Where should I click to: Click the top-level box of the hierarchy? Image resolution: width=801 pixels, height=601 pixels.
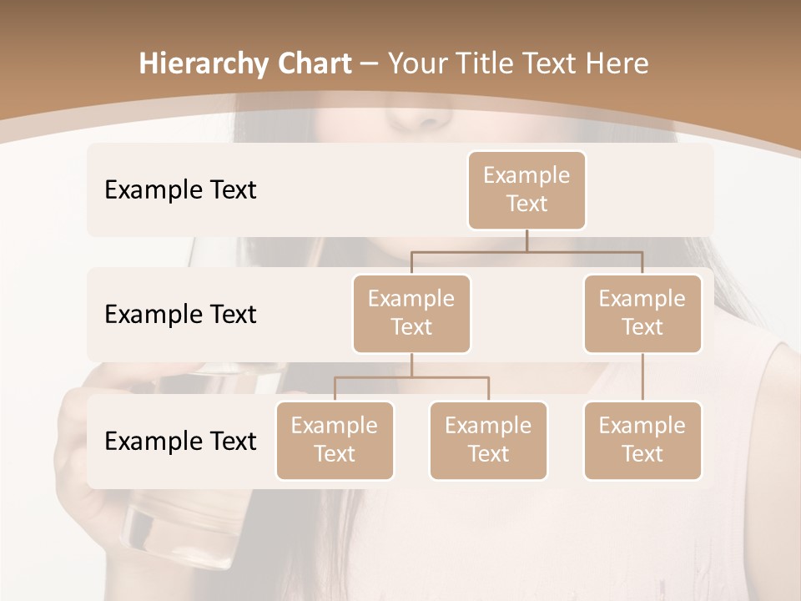526,189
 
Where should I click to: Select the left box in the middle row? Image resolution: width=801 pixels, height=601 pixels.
411,313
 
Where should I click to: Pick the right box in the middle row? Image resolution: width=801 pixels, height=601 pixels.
642,313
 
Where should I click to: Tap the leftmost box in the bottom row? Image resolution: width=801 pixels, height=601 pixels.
335,440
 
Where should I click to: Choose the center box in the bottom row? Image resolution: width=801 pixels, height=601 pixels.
488,440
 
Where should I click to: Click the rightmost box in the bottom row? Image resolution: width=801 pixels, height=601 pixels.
642,440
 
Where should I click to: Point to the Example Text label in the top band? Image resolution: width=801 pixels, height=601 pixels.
180,189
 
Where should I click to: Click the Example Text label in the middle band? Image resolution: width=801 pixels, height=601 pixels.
180,314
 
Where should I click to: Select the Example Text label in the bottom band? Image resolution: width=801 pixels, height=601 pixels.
180,441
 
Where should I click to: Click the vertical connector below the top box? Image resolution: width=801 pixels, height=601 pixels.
526,240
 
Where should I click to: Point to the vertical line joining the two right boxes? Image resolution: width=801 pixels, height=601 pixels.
642,377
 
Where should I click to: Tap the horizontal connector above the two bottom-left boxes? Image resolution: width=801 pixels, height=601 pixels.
411,377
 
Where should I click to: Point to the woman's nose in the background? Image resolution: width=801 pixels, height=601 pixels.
417,117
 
